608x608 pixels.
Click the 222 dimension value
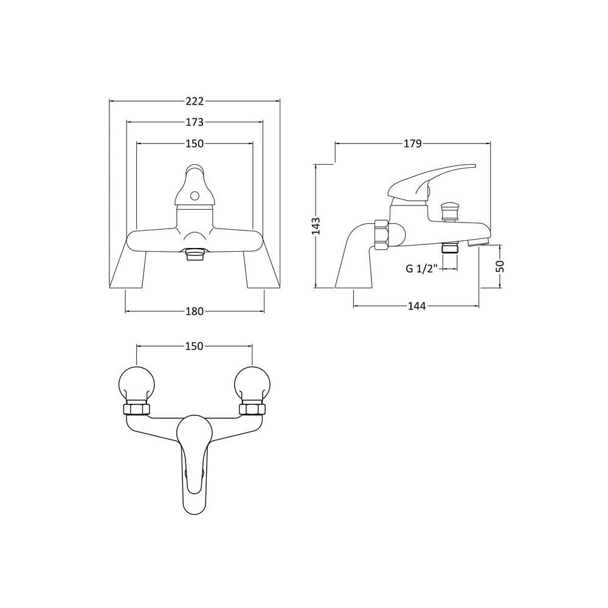tap(195, 101)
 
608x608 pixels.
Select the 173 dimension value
tap(195, 122)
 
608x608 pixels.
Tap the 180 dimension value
tap(195, 311)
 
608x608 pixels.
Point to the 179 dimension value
tap(413, 143)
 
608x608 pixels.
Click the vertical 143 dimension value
tap(316, 226)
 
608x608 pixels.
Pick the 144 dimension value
tap(417, 306)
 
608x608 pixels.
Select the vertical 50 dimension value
tap(500, 266)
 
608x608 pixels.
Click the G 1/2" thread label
tap(421, 268)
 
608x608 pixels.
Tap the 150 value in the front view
tap(195, 143)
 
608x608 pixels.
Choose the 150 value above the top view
tap(195, 346)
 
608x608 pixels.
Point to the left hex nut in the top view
tap(136, 409)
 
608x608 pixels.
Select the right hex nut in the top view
tap(252, 409)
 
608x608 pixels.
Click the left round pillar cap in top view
tap(136, 384)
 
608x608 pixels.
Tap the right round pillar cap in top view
tap(252, 384)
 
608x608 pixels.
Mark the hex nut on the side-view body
tap(381, 235)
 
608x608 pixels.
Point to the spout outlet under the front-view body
tap(195, 255)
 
